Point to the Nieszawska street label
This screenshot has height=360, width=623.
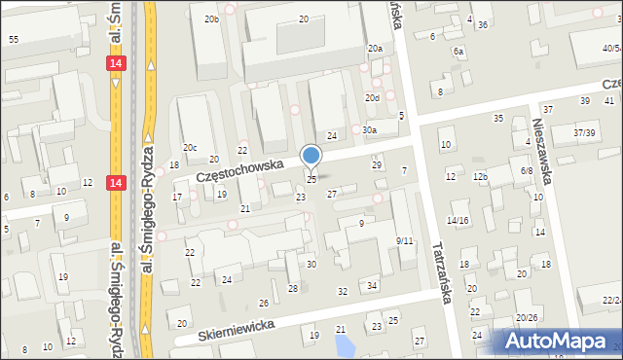(x=542, y=152)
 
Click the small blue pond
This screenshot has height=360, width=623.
(x=343, y=344)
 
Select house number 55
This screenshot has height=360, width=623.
(x=13, y=39)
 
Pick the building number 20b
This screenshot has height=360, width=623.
(x=211, y=19)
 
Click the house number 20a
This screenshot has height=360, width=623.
(x=375, y=48)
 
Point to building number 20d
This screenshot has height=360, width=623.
(x=372, y=98)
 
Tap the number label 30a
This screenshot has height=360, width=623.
(x=369, y=129)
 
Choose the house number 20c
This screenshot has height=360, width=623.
(x=190, y=148)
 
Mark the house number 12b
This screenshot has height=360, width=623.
(x=479, y=176)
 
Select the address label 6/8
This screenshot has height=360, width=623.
(x=527, y=170)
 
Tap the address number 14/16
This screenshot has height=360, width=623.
(x=458, y=221)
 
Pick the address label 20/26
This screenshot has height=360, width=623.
(x=527, y=317)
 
